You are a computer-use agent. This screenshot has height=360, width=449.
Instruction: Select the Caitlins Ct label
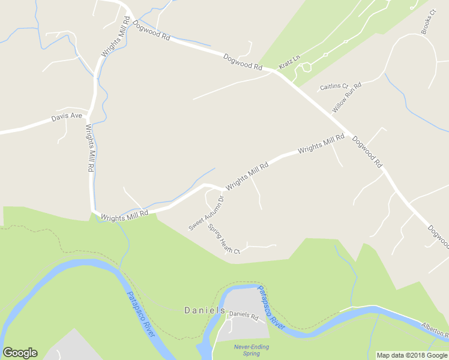(x=334, y=86)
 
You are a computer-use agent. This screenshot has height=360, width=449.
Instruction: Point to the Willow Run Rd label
(x=348, y=97)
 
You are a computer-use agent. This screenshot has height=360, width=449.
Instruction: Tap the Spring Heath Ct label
(x=224, y=239)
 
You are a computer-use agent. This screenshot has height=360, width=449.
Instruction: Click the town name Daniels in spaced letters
(x=204, y=310)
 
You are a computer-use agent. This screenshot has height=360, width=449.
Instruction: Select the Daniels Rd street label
(x=243, y=314)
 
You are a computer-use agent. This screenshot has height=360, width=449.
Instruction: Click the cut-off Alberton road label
(x=435, y=328)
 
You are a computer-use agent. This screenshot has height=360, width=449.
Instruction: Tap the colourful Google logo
(x=20, y=353)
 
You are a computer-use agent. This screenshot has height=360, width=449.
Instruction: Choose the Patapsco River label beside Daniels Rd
(x=271, y=306)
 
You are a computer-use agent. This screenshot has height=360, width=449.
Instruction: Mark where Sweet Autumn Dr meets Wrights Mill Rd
(x=209, y=186)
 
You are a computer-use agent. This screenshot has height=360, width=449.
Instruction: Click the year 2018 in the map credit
(x=417, y=355)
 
